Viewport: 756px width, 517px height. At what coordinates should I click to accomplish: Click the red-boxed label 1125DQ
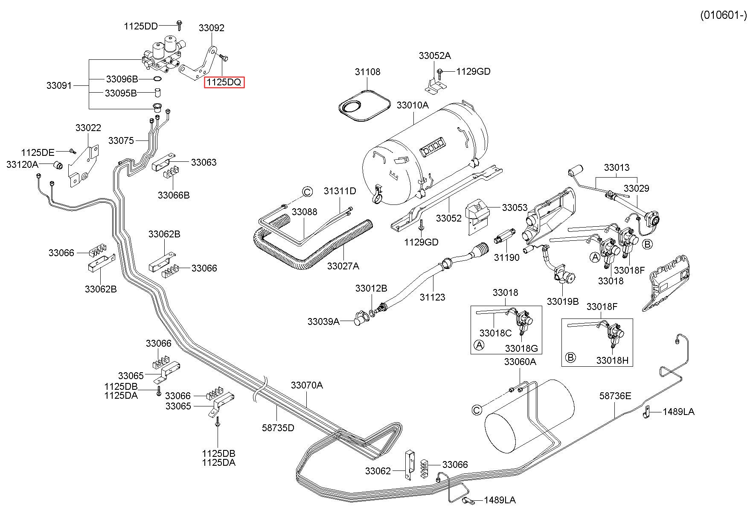[224, 82]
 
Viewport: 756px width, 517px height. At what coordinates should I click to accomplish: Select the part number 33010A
[413, 105]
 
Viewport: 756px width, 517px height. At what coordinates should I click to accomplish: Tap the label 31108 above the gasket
[367, 72]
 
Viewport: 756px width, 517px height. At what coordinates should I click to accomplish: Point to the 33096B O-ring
[157, 79]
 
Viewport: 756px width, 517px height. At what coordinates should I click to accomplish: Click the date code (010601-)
[724, 15]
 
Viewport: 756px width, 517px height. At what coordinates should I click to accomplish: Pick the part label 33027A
[343, 266]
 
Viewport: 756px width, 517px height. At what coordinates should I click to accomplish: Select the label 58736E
[615, 396]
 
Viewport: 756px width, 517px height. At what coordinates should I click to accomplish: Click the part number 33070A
[307, 385]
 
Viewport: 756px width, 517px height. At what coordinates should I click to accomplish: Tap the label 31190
[507, 257]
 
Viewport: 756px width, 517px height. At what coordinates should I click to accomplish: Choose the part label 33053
[515, 207]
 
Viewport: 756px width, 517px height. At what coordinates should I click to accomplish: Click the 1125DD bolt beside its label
[179, 25]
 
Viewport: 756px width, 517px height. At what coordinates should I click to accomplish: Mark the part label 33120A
[22, 164]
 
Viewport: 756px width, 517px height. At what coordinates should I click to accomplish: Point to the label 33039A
[323, 321]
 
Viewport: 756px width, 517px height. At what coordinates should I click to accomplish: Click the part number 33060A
[520, 362]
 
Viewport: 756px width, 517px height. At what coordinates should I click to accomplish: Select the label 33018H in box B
[612, 360]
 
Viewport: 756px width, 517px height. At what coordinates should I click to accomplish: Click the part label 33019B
[563, 301]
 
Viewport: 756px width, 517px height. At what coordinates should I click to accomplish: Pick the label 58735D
[278, 427]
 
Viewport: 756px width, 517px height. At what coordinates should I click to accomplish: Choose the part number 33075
[121, 140]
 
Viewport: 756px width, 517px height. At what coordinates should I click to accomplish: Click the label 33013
[616, 167]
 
